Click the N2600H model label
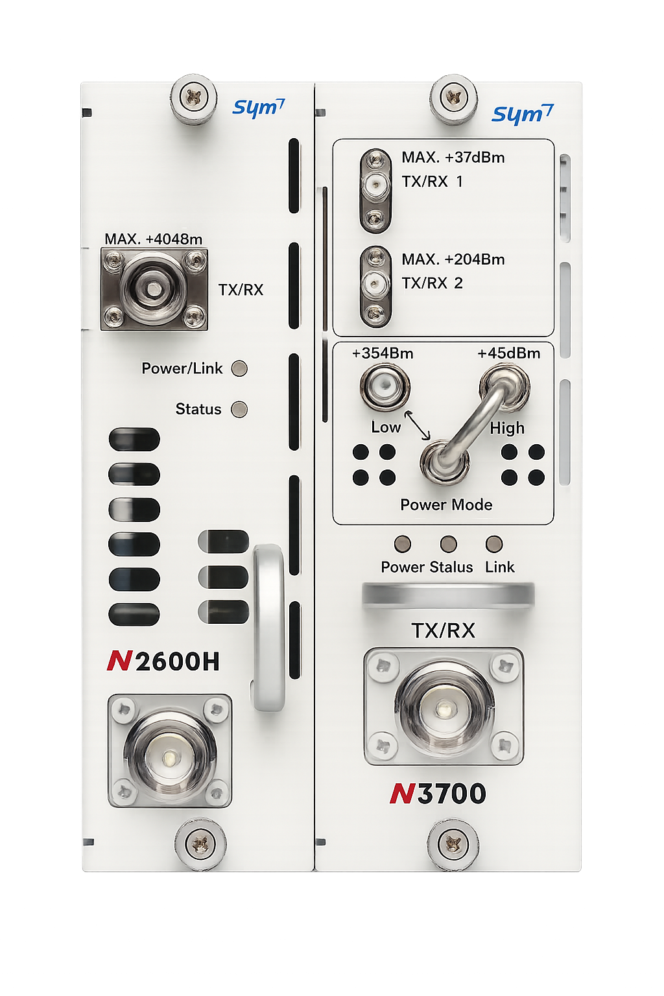click(x=163, y=661)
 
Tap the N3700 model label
click(x=438, y=794)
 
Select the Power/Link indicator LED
click(x=239, y=368)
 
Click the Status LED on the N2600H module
click(x=239, y=409)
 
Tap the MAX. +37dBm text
click(x=453, y=158)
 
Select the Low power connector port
click(x=385, y=386)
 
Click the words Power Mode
click(x=446, y=504)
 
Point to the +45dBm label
click(x=509, y=353)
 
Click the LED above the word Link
click(x=494, y=543)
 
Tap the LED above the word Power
click(x=403, y=543)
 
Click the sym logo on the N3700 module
click(x=523, y=114)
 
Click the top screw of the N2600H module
click(x=193, y=98)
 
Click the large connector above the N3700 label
click(x=444, y=706)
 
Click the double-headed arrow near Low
click(x=417, y=425)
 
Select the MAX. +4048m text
click(x=154, y=239)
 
